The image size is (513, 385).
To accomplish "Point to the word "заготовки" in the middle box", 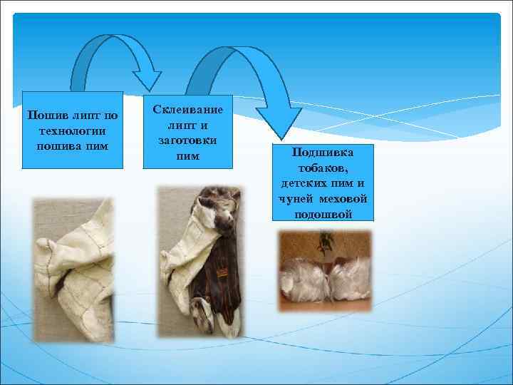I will [188, 140].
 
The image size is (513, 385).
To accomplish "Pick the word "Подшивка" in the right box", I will [323, 153].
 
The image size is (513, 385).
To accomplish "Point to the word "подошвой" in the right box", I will [323, 215].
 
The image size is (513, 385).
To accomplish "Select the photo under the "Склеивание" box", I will [199, 260].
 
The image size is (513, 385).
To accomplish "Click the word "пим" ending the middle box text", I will [188, 155].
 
